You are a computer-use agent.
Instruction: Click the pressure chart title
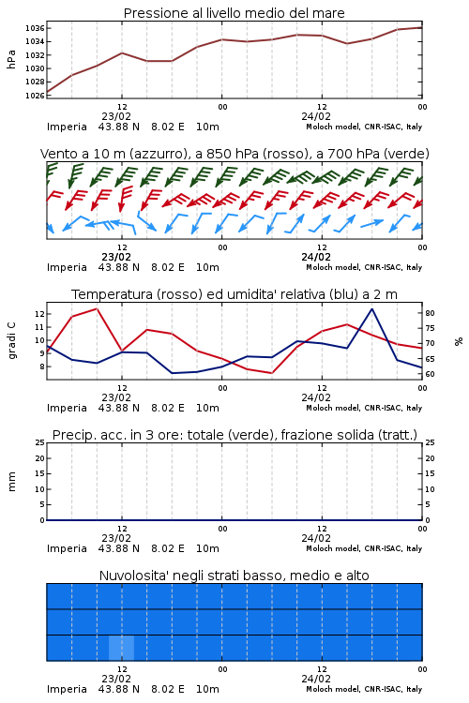pyautogui.click(x=234, y=13)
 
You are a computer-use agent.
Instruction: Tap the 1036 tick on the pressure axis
pyautogui.click(x=35, y=28)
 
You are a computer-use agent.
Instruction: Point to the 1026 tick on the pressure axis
pyautogui.click(x=35, y=95)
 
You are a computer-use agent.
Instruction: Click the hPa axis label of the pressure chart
pyautogui.click(x=11, y=59)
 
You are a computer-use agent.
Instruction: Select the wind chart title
pyautogui.click(x=234, y=154)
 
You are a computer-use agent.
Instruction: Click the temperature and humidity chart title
pyautogui.click(x=234, y=294)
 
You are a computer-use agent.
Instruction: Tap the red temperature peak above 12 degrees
pyautogui.click(x=97, y=308)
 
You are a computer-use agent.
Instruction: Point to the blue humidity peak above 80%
pyautogui.click(x=371, y=308)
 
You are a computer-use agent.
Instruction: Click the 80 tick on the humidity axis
pyautogui.click(x=430, y=313)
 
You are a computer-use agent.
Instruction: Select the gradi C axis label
pyautogui.click(x=11, y=340)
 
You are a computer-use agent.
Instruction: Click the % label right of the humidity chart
pyautogui.click(x=459, y=341)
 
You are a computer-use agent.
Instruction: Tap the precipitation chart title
pyautogui.click(x=234, y=435)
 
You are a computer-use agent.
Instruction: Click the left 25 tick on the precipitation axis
pyautogui.click(x=40, y=442)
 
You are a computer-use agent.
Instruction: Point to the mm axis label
pyautogui.click(x=11, y=482)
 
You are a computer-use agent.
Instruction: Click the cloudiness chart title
pyautogui.click(x=234, y=576)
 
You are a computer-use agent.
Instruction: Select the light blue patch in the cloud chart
pyautogui.click(x=121, y=648)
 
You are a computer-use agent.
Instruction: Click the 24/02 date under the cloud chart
pyautogui.click(x=316, y=679)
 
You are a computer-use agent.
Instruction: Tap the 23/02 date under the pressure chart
pyautogui.click(x=116, y=116)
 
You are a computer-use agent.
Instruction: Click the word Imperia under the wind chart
pyautogui.click(x=67, y=267)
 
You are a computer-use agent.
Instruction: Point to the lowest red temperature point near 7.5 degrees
pyautogui.click(x=271, y=373)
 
